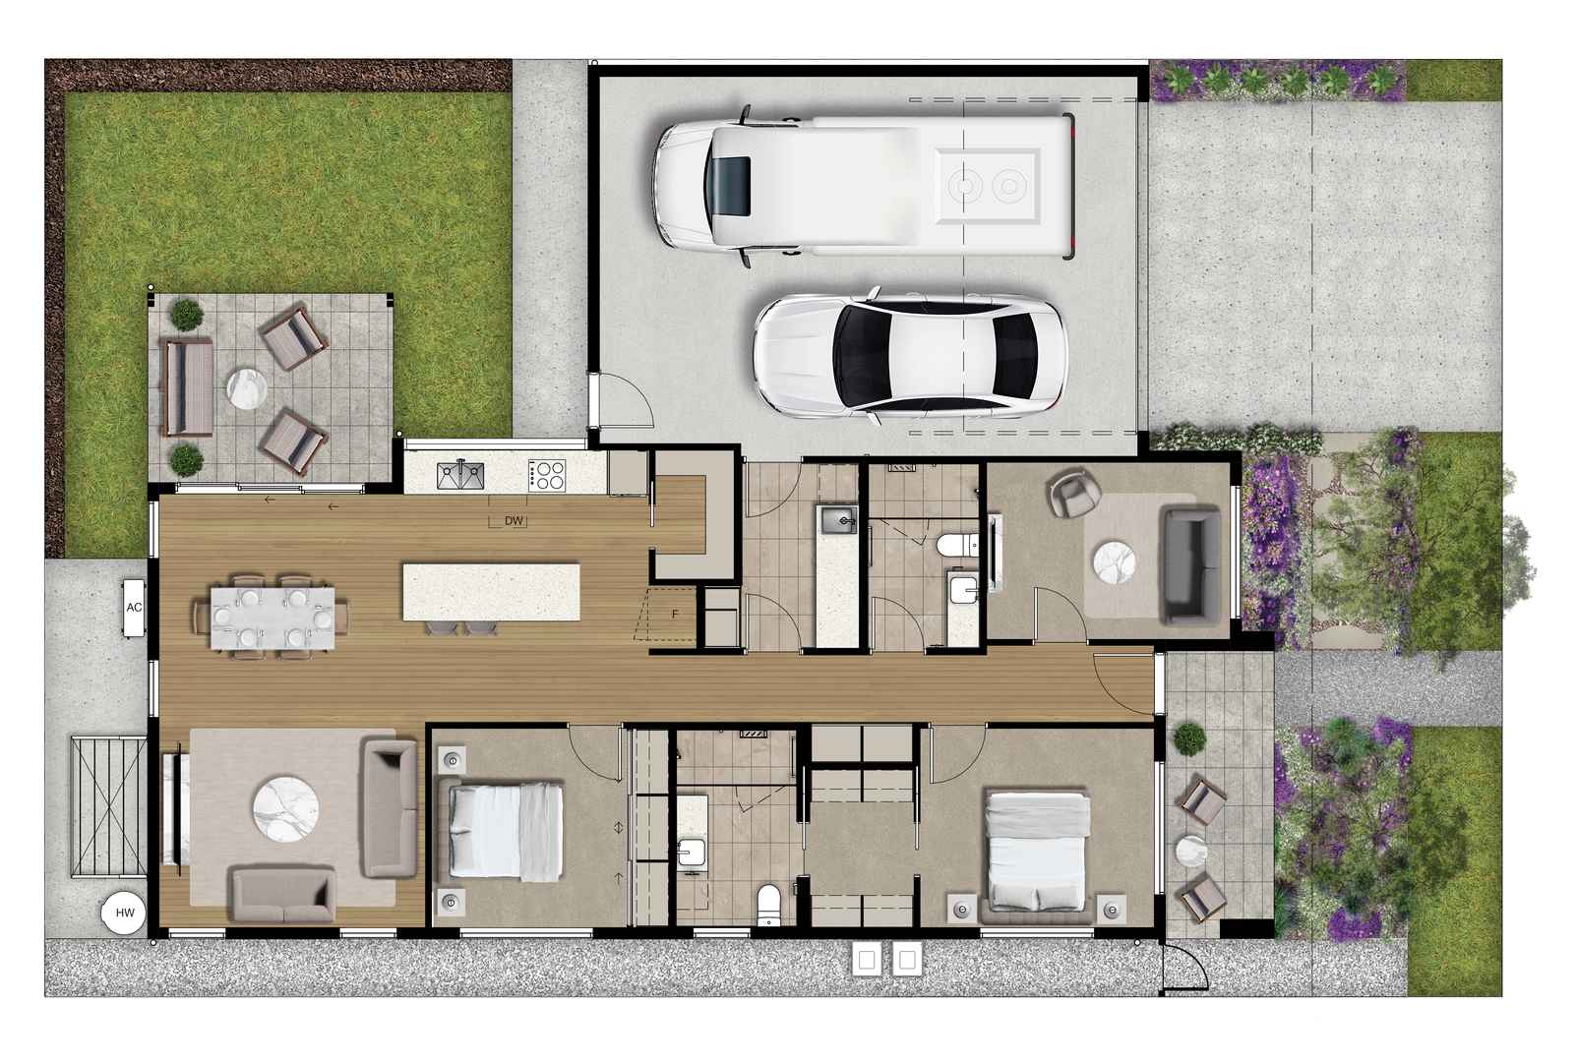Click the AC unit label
[134, 608]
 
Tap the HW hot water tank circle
[125, 913]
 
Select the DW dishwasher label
[514, 521]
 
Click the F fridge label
[675, 614]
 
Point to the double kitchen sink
[460, 476]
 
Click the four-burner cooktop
[547, 475]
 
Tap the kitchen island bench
[491, 592]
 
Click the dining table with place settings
[273, 618]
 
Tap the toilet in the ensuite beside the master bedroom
[768, 906]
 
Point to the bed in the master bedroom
[1038, 855]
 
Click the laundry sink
[837, 520]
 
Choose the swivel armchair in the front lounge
[1073, 493]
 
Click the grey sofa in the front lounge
[1190, 565]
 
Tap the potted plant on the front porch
[1189, 739]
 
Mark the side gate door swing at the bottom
[1183, 968]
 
